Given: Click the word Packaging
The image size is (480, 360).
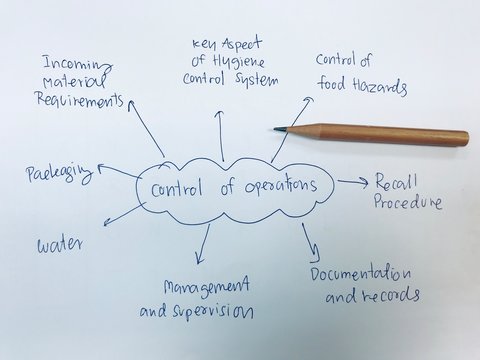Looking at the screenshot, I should tap(58, 176).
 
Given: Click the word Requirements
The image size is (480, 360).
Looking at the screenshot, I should tap(79, 99).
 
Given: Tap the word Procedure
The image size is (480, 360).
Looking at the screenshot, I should tap(407, 202).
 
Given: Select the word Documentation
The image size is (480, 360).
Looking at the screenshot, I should tap(360, 273).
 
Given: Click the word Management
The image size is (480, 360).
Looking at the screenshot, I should tap(206, 287).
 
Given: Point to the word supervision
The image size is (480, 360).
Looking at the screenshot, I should tap(213, 310).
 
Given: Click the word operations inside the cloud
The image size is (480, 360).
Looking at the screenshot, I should tap(276, 187).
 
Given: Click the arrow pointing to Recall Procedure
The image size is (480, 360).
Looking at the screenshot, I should tap(352, 182).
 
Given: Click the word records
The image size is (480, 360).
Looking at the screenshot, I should tap(386, 296).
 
